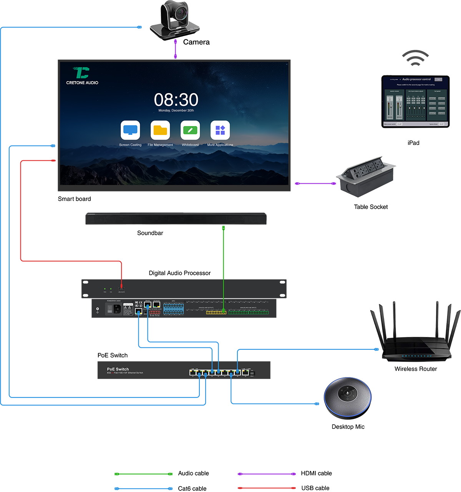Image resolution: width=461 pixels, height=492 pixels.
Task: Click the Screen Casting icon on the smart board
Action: [x=130, y=130]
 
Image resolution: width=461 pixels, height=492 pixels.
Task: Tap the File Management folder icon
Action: [x=160, y=130]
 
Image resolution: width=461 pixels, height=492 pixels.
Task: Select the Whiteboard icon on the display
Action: [x=190, y=130]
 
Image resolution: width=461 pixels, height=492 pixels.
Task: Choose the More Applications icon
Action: [x=220, y=130]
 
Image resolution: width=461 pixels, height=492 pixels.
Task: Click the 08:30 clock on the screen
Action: [x=176, y=100]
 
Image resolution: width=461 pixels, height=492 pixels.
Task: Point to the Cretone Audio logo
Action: [x=82, y=75]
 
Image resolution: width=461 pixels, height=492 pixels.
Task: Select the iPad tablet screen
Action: [x=415, y=101]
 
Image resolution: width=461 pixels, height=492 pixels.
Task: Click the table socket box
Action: [x=366, y=176]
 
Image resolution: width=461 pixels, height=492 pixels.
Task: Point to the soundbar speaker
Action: [x=176, y=219]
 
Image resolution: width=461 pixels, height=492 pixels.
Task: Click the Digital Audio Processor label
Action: [x=179, y=273]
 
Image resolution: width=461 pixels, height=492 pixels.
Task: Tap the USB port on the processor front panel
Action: [x=121, y=289]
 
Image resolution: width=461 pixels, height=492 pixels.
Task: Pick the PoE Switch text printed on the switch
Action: [x=118, y=369]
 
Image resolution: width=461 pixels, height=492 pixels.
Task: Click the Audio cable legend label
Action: [x=193, y=473]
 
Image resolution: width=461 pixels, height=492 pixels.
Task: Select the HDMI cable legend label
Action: [x=316, y=473]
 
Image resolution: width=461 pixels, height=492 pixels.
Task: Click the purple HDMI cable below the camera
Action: [x=176, y=49]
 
